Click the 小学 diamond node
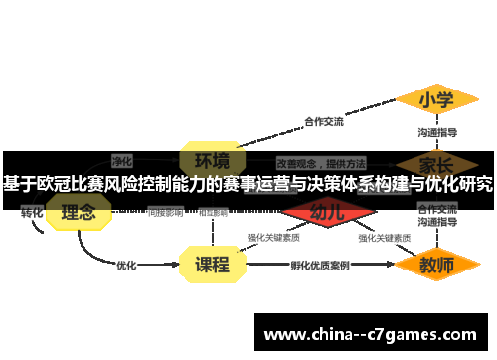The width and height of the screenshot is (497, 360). tap(436, 100)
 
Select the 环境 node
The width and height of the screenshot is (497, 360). tap(211, 160)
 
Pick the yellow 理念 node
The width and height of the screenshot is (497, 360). tap(78, 212)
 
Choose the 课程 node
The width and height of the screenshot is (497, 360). tap(211, 265)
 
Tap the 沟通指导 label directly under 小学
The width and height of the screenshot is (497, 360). tap(436, 132)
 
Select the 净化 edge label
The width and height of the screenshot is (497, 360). tap(122, 159)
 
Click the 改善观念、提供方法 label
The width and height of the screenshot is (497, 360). tap(320, 162)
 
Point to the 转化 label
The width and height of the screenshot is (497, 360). tap(32, 213)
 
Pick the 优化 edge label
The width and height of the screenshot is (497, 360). tap(126, 266)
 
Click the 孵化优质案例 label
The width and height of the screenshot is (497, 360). tap(319, 266)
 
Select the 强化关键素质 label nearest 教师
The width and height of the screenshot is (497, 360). tap(385, 239)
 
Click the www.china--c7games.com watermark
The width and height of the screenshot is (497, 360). tap(371, 334)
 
